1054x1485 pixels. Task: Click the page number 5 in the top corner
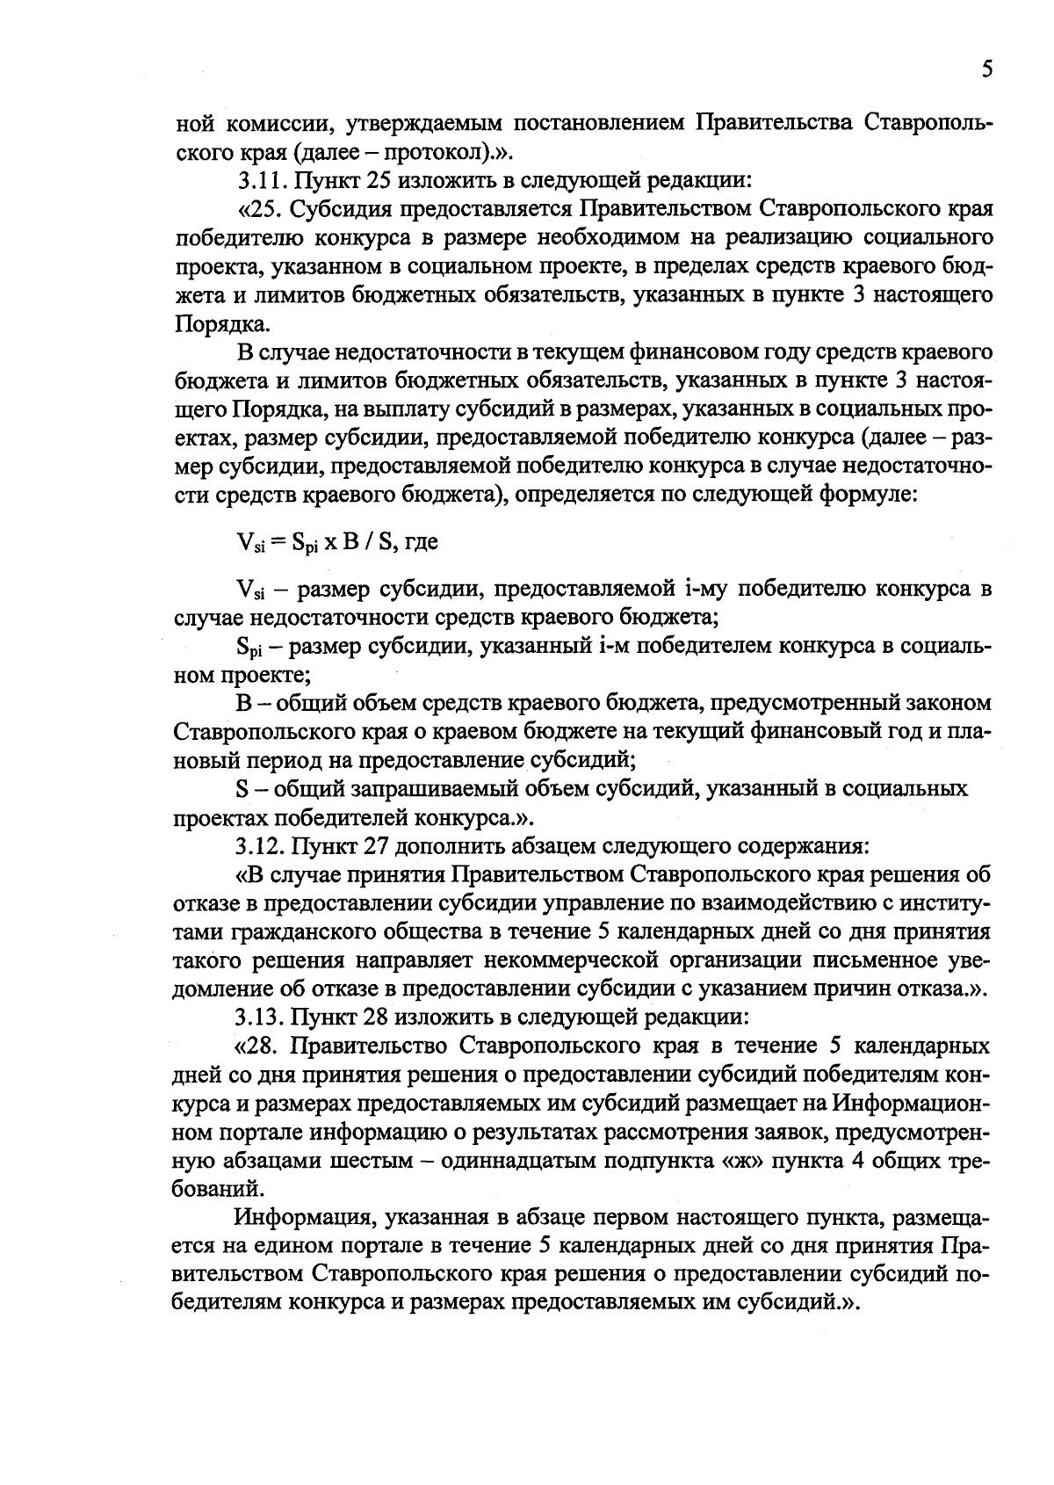(987, 69)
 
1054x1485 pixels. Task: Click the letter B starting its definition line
(243, 703)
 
